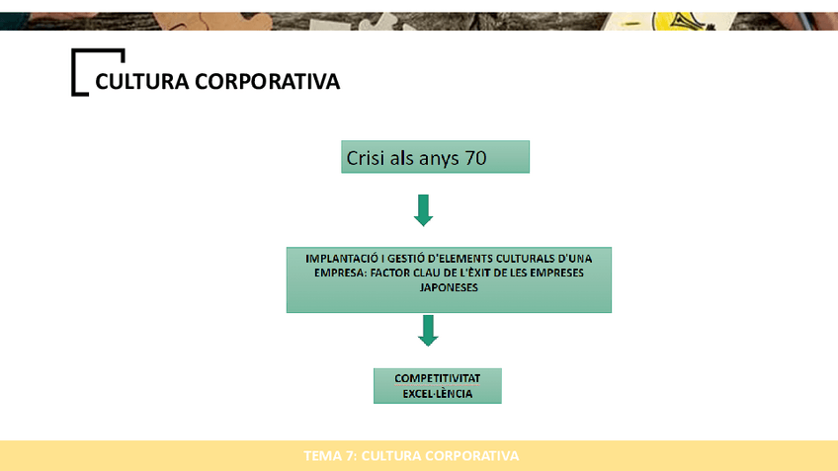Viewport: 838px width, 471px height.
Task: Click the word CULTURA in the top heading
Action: (142, 82)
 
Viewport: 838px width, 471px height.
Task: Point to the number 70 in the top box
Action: (475, 157)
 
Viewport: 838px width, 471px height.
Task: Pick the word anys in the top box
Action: (438, 158)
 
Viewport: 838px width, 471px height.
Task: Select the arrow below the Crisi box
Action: (423, 209)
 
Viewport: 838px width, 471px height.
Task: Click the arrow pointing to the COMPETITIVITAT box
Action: (427, 331)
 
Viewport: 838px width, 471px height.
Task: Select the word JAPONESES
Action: (448, 287)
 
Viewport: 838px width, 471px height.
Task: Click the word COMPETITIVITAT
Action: (438, 378)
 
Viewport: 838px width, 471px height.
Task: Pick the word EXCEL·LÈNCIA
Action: (438, 394)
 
